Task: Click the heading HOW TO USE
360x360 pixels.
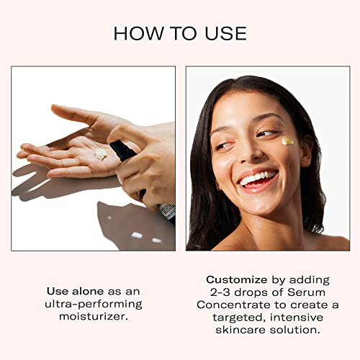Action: (x=180, y=33)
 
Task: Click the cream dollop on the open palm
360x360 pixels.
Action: (x=100, y=154)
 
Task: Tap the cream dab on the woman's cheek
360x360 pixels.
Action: (x=287, y=141)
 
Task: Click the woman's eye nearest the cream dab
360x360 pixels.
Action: (x=266, y=134)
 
